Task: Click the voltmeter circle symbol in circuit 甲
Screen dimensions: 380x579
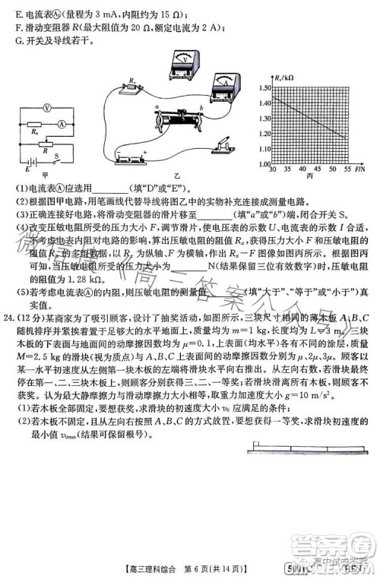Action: tap(47, 109)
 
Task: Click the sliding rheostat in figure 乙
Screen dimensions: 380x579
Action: tap(180, 119)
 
